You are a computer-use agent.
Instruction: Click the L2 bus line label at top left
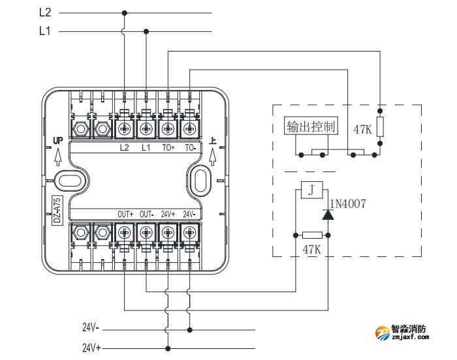click(x=45, y=12)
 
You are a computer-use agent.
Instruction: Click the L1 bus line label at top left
click(x=45, y=31)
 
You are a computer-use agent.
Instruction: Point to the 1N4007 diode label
click(x=347, y=204)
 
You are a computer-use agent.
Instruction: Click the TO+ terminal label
click(x=168, y=147)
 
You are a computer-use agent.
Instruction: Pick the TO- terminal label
click(x=190, y=147)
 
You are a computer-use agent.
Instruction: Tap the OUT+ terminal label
click(x=125, y=214)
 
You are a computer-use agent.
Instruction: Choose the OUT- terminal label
click(x=146, y=214)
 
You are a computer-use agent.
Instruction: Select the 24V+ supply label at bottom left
click(x=91, y=348)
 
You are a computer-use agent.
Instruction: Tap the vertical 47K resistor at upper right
click(x=381, y=127)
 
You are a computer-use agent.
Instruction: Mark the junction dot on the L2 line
click(x=124, y=12)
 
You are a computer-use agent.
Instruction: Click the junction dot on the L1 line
click(x=146, y=31)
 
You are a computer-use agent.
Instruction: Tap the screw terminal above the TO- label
click(x=189, y=128)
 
